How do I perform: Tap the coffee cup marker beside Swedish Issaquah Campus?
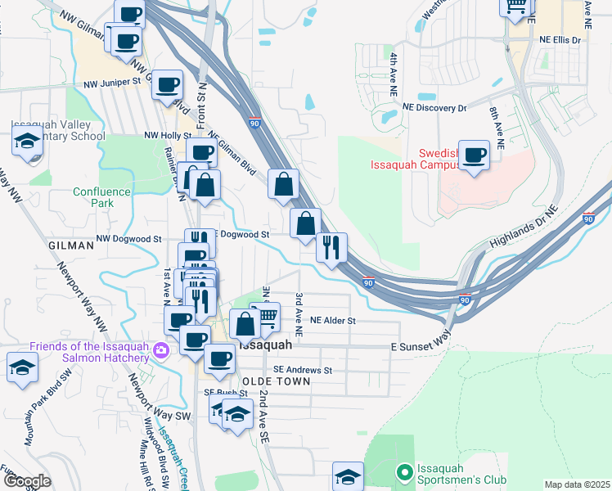474,155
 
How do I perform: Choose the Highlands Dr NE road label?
524,227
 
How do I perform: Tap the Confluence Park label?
100,197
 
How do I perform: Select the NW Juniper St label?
113,84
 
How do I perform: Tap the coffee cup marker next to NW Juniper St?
168,84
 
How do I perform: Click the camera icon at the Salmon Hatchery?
160,350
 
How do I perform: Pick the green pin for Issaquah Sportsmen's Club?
403,472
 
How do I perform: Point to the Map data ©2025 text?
577,484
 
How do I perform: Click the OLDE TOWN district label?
276,381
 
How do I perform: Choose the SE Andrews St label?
303,370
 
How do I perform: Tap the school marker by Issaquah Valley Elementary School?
27,141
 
